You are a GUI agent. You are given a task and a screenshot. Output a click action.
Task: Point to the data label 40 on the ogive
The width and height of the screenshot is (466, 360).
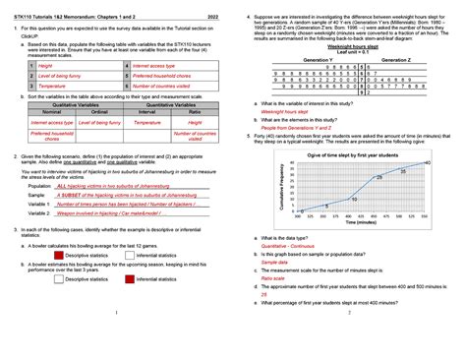click(x=426, y=161)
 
